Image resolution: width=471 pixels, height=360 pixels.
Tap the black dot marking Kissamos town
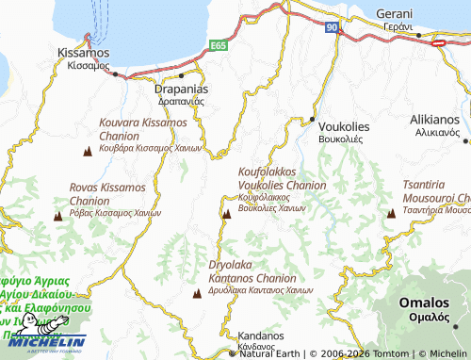pos(116,76)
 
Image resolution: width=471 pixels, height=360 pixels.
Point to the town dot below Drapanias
pos(181,74)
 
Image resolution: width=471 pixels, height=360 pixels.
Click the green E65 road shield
pos(219,43)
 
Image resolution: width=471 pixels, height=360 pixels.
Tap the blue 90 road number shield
pos(332,28)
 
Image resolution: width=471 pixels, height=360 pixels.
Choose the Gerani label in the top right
pos(395,14)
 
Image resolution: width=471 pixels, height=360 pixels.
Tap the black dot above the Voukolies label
pos(314,119)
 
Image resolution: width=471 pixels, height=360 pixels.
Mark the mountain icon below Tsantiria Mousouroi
pos(390,215)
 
